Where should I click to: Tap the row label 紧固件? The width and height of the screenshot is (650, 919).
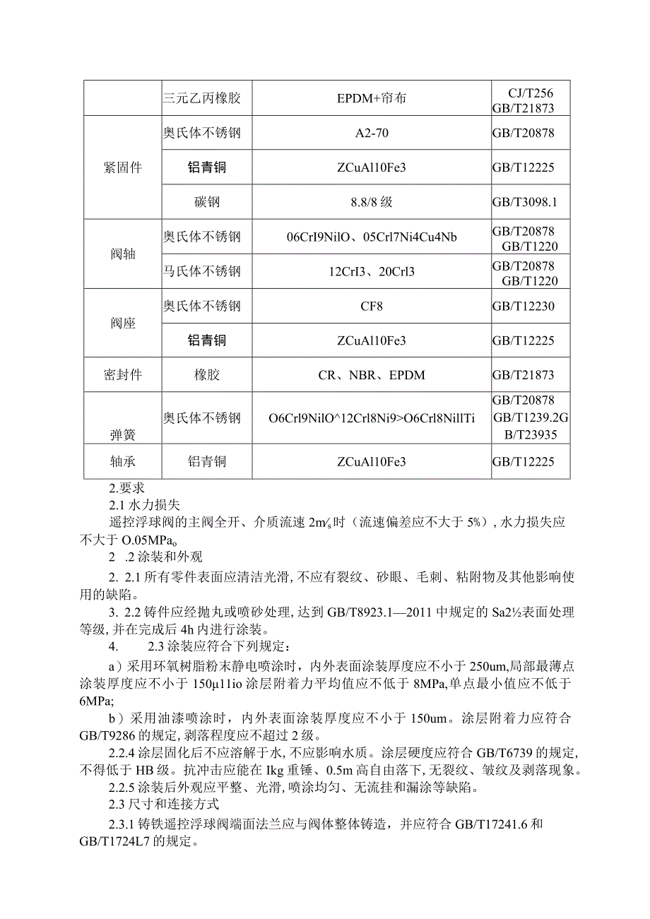(122, 168)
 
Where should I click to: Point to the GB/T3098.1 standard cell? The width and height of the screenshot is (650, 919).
(525, 202)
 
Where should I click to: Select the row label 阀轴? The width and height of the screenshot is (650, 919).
(122, 254)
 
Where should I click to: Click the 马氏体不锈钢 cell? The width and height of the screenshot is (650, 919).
(203, 271)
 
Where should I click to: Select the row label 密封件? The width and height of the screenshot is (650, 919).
(122, 375)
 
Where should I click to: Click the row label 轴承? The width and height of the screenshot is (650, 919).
(122, 462)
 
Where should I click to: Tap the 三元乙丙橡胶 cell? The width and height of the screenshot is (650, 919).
(203, 98)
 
